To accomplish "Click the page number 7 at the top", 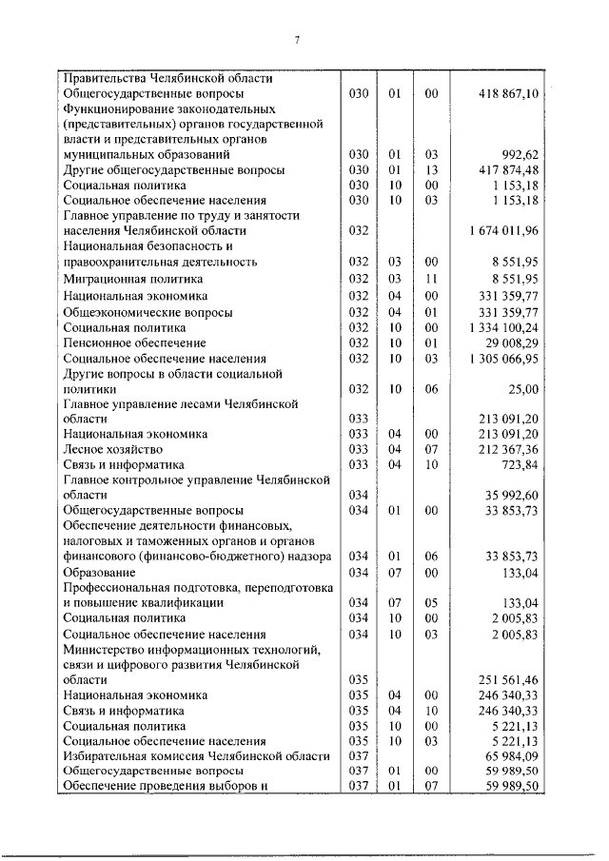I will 298,39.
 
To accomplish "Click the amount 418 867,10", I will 506,94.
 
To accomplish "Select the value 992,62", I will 520,154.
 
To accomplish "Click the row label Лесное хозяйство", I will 112,449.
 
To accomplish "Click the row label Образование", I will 100,573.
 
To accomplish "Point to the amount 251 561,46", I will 509,680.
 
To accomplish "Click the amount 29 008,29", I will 512,342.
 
